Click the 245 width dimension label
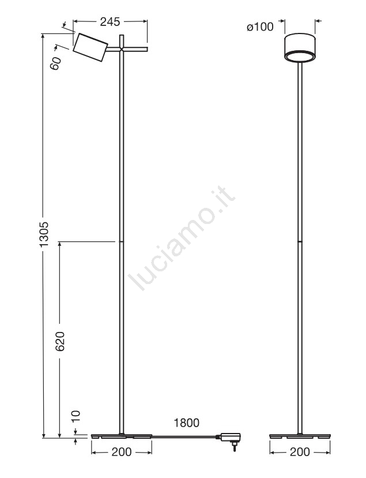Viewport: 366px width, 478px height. (x=110, y=22)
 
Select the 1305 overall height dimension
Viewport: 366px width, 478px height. (x=44, y=234)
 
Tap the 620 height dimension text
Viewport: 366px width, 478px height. (x=61, y=341)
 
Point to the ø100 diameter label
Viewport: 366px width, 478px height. (x=260, y=27)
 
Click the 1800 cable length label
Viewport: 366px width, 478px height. (x=187, y=423)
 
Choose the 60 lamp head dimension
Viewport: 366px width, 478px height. (x=56, y=64)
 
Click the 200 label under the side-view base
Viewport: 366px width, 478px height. (x=122, y=452)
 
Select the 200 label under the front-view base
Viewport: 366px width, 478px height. (x=300, y=452)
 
